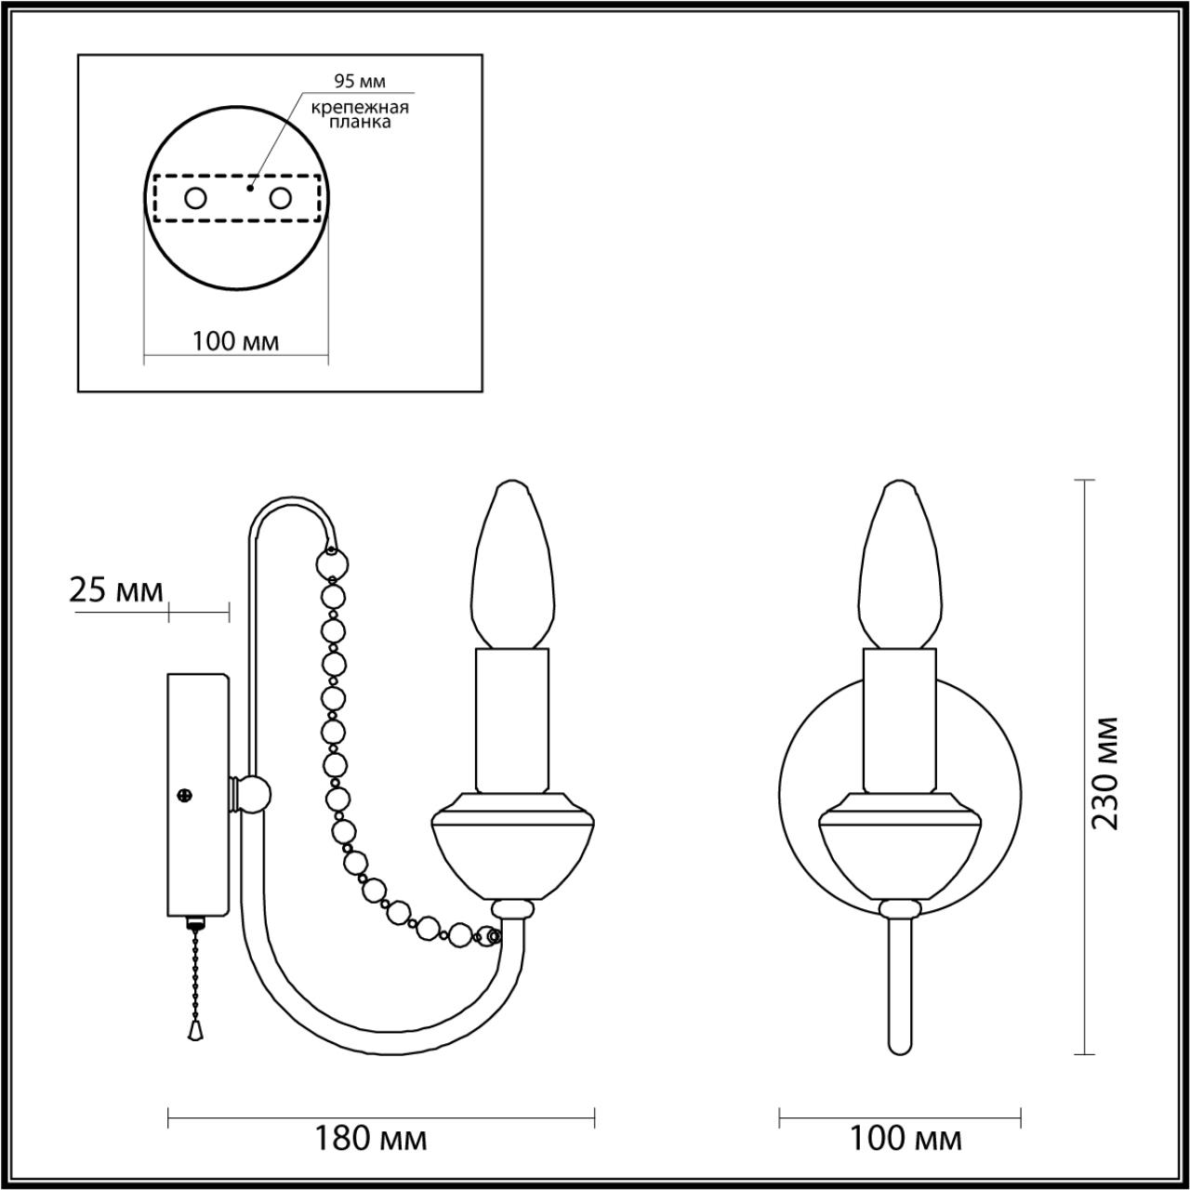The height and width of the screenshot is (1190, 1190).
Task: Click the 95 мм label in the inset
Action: (x=359, y=82)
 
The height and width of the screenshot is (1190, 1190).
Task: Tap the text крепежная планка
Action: (x=360, y=114)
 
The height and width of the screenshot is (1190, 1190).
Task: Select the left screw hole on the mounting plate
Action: (x=195, y=197)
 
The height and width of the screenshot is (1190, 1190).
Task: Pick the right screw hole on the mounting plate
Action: (x=281, y=197)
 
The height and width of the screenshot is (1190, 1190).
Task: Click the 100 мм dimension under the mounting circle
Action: (x=235, y=341)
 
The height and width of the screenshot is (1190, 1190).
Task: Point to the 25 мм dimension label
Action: (x=116, y=590)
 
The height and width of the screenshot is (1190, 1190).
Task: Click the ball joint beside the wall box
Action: (x=252, y=795)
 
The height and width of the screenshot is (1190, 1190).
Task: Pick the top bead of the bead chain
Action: (x=333, y=563)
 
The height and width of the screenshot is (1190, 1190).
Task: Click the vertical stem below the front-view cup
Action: (x=899, y=985)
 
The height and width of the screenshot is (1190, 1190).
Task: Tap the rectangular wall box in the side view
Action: (x=198, y=795)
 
